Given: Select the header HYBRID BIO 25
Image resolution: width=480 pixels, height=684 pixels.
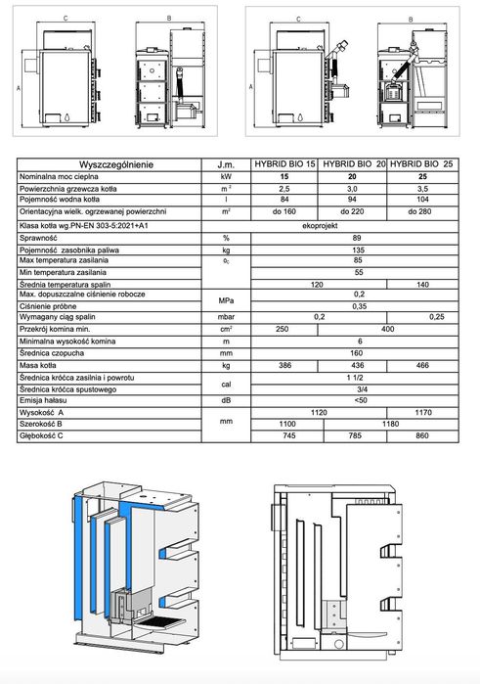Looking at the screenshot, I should click(x=423, y=164).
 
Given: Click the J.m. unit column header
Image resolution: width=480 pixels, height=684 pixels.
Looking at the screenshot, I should click(x=226, y=164).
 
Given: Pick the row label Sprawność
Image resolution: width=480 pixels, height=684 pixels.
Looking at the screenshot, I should click(x=40, y=238).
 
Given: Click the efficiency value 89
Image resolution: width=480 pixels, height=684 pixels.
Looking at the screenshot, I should click(x=358, y=238).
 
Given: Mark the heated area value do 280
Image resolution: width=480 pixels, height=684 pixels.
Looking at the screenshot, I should click(x=423, y=210).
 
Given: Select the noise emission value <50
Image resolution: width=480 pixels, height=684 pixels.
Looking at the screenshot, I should click(x=358, y=400).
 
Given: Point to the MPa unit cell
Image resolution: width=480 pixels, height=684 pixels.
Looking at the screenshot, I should click(x=226, y=300).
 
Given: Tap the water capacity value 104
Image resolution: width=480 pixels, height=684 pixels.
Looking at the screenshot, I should click(x=423, y=199).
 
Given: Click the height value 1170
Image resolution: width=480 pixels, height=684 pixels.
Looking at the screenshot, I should click(x=423, y=412).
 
